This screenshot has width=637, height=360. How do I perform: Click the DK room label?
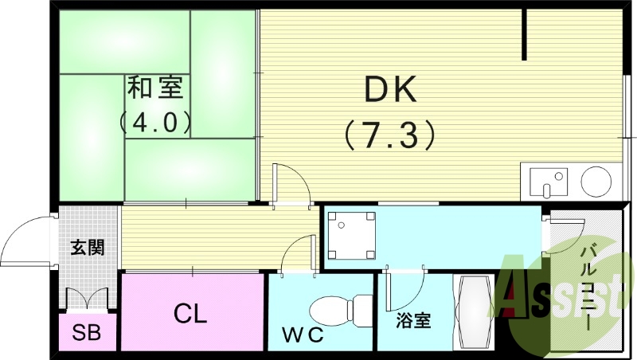point(390,92)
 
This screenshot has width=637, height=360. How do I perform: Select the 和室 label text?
point(154,88)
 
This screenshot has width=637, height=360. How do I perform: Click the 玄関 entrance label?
point(88,248)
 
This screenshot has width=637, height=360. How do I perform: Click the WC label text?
point(303,335)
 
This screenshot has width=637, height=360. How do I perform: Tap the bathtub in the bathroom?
point(475,313)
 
